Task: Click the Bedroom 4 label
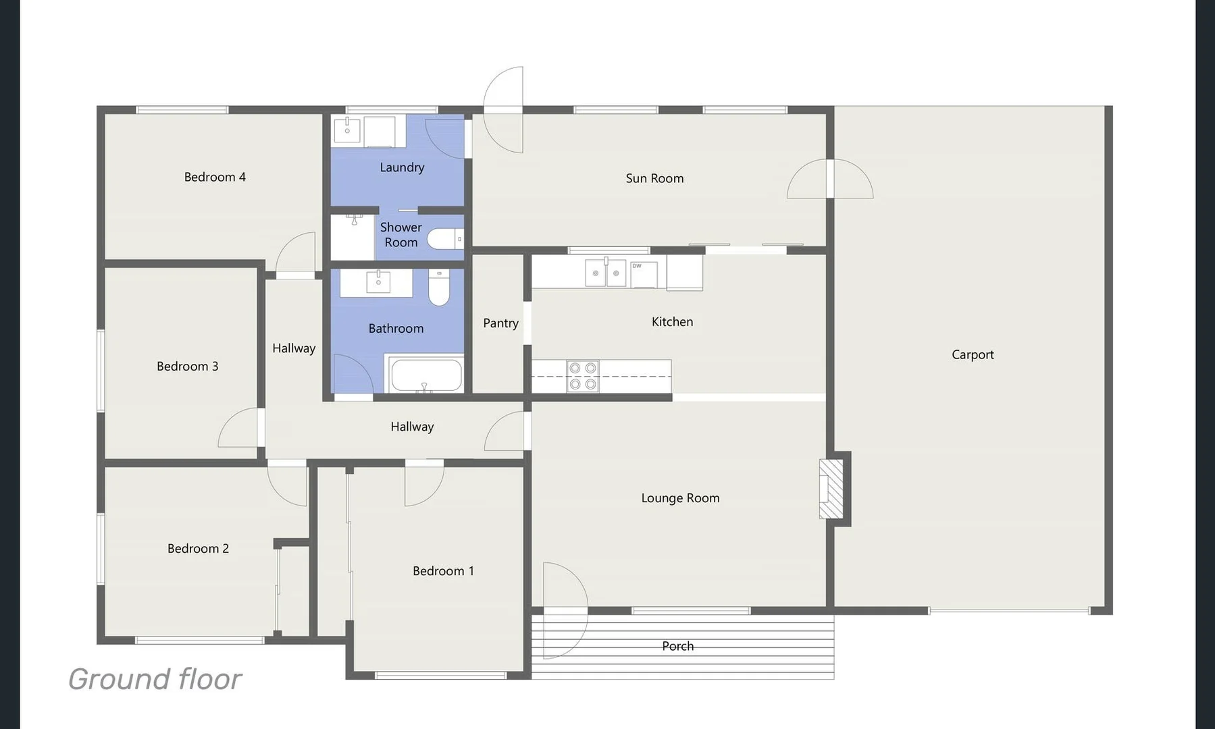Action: tap(215, 177)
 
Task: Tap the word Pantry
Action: tap(500, 323)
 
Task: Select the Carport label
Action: tap(973, 354)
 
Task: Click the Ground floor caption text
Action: tap(155, 679)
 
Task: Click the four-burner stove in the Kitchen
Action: tap(582, 376)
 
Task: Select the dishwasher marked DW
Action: tap(644, 274)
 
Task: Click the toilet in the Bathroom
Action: tap(439, 288)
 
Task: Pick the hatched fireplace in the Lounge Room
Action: tap(831, 489)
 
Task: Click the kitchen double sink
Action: tap(605, 273)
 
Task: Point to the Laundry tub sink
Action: tap(347, 130)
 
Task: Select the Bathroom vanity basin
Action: tap(378, 282)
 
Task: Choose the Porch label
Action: tap(677, 646)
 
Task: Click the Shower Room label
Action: tap(400, 235)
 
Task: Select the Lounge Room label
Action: tap(680, 498)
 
